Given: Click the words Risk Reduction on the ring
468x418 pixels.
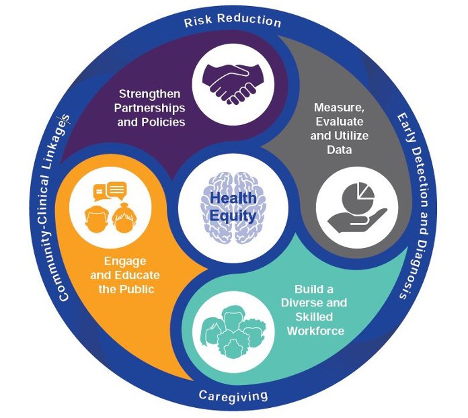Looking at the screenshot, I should [233, 20].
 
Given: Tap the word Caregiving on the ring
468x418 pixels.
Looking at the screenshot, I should [233, 394].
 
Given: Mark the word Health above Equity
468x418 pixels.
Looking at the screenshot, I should [232, 200].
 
